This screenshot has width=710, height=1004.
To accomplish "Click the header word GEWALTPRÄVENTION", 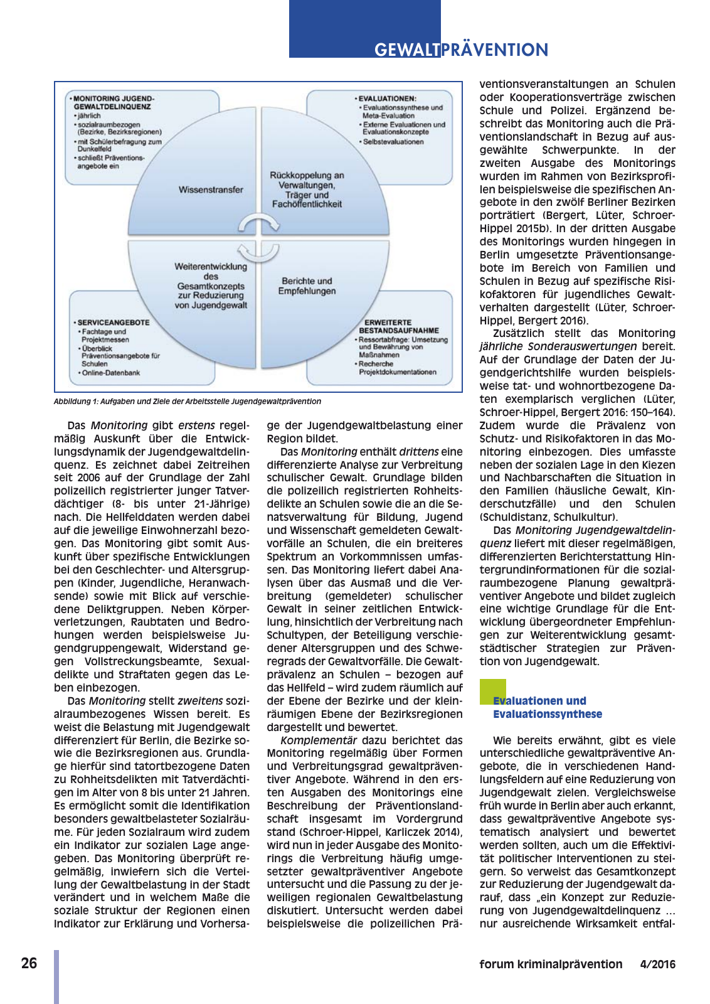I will click(461, 50).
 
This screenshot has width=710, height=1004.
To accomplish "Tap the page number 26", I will click(29, 963).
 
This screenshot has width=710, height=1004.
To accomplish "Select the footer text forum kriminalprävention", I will click(551, 964).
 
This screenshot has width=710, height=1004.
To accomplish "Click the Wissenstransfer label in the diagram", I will click(211, 190).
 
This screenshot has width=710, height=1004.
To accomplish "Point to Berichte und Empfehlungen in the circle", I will click(307, 286).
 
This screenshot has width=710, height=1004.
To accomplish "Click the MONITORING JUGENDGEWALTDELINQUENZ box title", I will click(113, 103).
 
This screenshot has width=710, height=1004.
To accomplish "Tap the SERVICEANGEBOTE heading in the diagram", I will click(113, 323).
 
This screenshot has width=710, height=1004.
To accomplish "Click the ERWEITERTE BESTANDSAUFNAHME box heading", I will click(398, 326).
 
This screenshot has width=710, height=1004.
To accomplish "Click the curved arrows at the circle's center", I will click(259, 238).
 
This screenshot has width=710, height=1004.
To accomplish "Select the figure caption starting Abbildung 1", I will click(188, 402).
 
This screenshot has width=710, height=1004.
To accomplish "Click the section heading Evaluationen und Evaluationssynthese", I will click(547, 707).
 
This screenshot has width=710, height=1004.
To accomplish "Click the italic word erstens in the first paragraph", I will click(196, 425).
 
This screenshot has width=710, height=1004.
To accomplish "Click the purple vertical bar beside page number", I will click(56, 976).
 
